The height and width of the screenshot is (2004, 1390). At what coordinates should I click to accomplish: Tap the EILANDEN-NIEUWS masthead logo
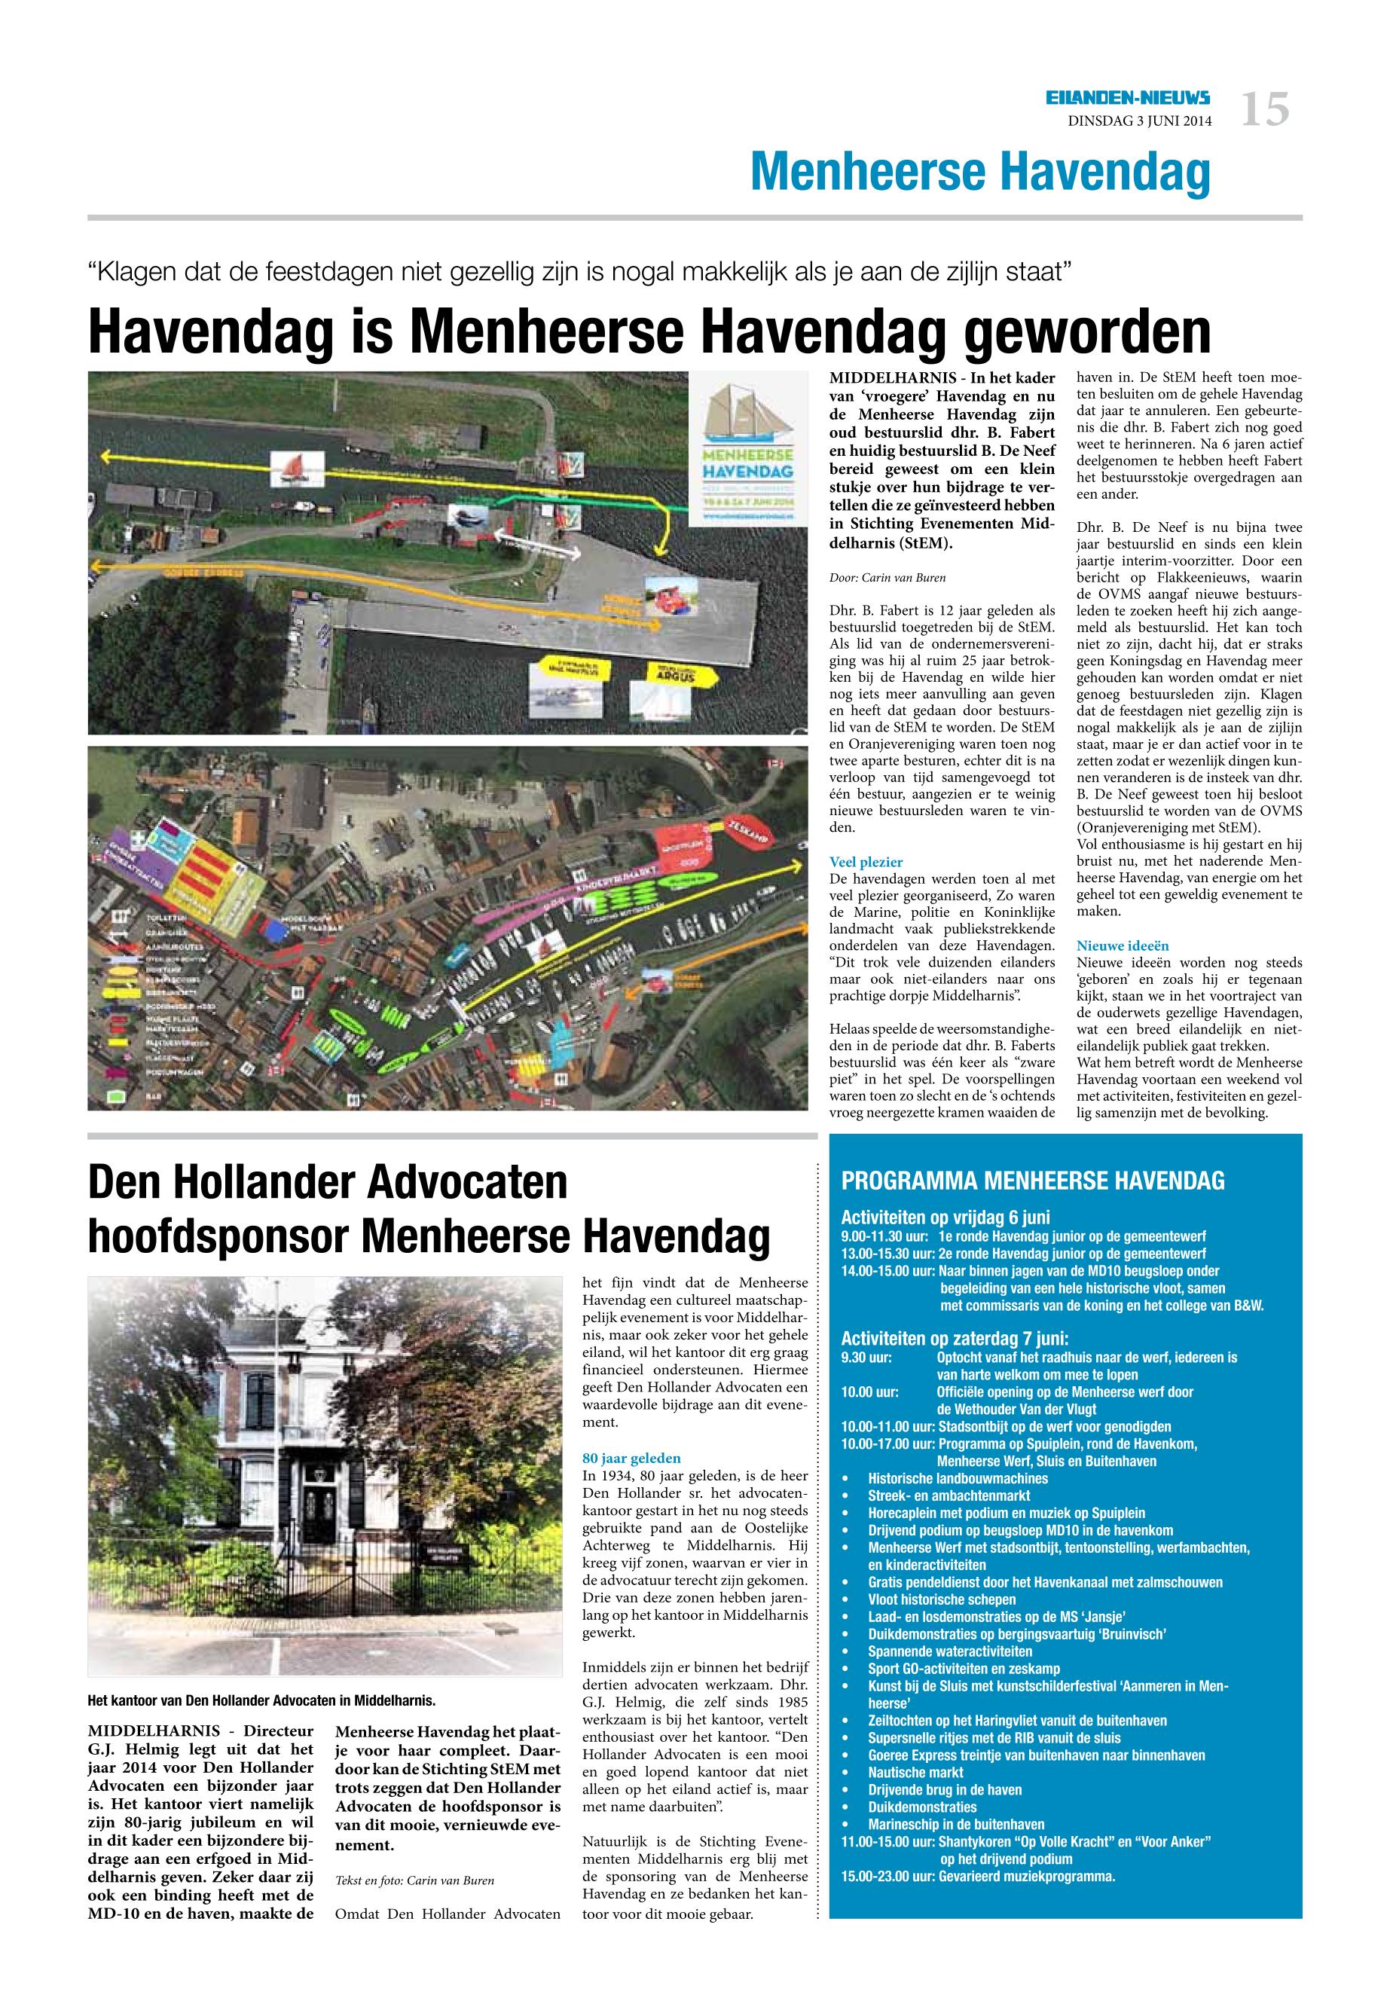[x=1128, y=99]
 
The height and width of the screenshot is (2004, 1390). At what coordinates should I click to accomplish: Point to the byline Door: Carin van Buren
[x=887, y=577]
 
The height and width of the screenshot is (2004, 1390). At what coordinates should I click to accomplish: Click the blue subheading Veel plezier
[x=866, y=862]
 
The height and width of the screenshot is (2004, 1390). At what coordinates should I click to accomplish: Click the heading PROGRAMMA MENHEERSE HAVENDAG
[x=1033, y=1181]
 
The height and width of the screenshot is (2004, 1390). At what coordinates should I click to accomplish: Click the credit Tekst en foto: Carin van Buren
[x=414, y=1880]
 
